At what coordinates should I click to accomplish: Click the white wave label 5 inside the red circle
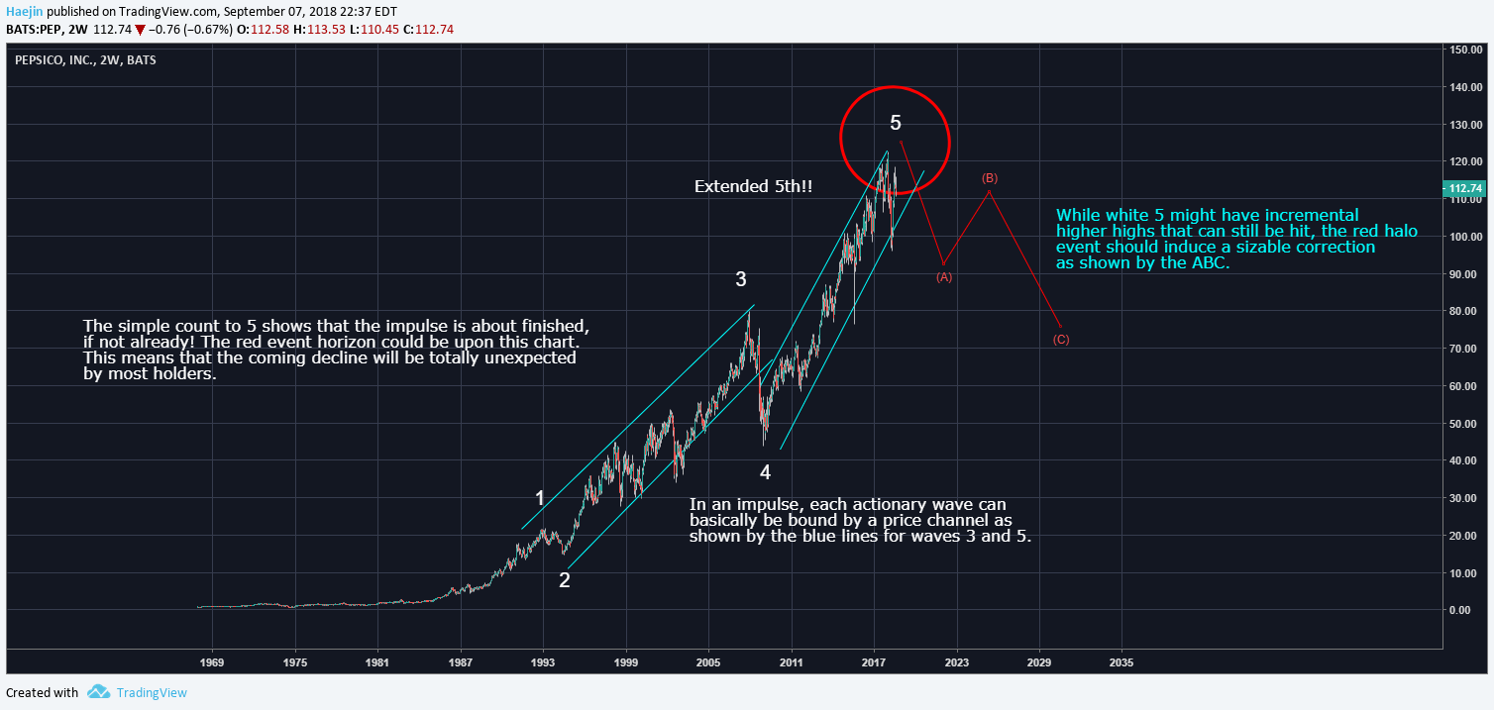[x=896, y=123]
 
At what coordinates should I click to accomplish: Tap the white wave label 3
[x=741, y=279]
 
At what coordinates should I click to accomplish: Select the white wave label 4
[x=765, y=470]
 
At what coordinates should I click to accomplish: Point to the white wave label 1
[x=540, y=498]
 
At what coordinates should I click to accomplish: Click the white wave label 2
[x=564, y=580]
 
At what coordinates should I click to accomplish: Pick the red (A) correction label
[x=944, y=277]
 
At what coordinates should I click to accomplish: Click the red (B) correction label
[x=989, y=178]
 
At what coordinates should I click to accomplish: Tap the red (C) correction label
[x=1061, y=340]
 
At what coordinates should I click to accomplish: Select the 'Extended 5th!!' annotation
[x=753, y=186]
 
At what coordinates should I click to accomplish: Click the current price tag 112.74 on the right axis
[x=1464, y=188]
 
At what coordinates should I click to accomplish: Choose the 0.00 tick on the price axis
[x=1460, y=610]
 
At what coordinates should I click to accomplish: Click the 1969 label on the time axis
[x=211, y=660]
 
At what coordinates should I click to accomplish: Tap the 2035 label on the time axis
[x=1121, y=660]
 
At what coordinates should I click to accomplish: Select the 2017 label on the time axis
[x=873, y=660]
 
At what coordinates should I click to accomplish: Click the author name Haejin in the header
[x=25, y=11]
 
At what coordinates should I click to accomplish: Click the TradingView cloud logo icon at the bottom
[x=98, y=692]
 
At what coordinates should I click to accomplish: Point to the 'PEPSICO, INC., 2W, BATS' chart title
[x=85, y=60]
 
